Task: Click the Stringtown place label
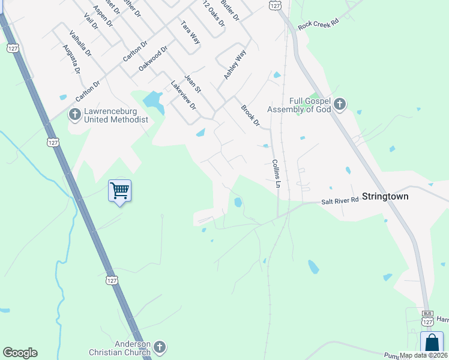386,196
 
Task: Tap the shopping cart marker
119,191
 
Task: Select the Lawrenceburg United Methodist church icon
75,114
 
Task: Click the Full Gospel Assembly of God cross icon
340,105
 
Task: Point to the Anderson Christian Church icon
159,347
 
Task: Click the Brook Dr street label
250,116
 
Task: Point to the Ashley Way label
235,65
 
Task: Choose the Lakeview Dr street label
184,95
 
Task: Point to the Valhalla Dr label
80,43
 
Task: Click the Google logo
20,353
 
